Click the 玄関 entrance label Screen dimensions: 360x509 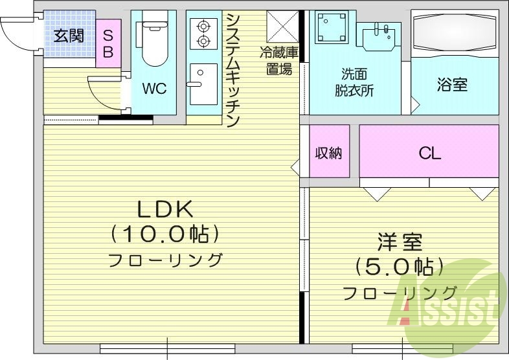tap(68, 35)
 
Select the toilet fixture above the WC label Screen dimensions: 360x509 tap(153, 42)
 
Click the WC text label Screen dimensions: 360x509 tap(153, 88)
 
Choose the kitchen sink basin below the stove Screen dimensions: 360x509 tap(202, 82)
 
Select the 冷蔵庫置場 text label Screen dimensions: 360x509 tap(279, 60)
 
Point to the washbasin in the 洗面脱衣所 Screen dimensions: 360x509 tap(379, 36)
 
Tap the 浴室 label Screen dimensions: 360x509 tap(452, 85)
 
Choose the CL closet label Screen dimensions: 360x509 tap(429, 153)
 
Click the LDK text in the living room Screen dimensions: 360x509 tap(164, 209)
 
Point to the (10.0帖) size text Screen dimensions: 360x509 tap(164, 233)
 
